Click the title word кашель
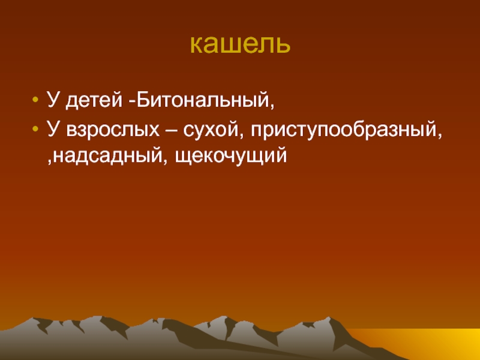pyautogui.click(x=240, y=44)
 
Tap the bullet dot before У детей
pyautogui.click(x=35, y=100)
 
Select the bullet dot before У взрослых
pyautogui.click(x=35, y=129)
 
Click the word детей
pyautogui.click(x=94, y=100)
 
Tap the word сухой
pyautogui.click(x=211, y=130)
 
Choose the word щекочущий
pyautogui.click(x=231, y=157)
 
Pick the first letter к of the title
pyautogui.click(x=196, y=46)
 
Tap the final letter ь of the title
pyautogui.click(x=283, y=46)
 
